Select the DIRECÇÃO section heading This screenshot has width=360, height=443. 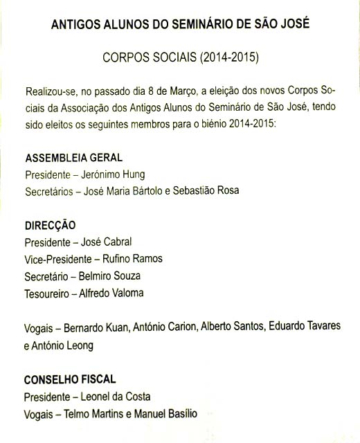click(x=50, y=225)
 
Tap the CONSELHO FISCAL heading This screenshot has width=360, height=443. click(x=70, y=379)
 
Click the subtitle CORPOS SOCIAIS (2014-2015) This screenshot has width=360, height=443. click(x=179, y=57)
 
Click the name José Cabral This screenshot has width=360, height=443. click(x=107, y=242)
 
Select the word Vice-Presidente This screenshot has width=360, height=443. click(x=57, y=259)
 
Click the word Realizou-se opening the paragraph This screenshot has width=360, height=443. click(x=51, y=92)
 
